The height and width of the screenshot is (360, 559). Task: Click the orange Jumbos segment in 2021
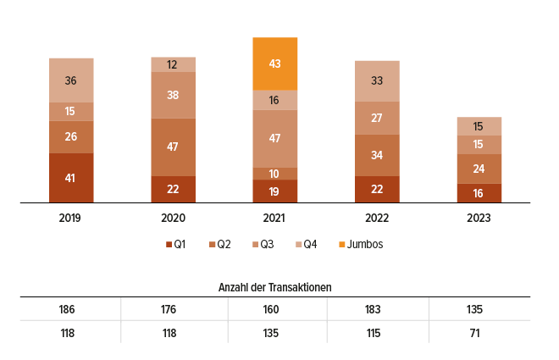coord(274,64)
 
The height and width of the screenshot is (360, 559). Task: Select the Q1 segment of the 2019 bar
coord(71,178)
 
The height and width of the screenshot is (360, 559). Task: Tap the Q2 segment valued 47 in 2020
coord(173,147)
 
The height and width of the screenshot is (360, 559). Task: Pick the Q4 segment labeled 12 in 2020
coord(173,64)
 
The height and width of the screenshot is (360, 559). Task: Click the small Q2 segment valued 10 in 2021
coord(274,174)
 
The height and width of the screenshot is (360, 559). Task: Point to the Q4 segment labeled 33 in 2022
coord(377,81)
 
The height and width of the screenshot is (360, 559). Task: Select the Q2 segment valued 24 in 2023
coord(479,169)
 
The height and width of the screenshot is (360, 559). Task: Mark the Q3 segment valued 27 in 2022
coord(377,118)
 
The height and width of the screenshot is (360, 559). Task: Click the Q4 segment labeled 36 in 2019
coord(71,80)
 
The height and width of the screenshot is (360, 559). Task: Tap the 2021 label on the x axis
coord(274,218)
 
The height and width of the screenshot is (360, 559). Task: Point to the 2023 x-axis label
coord(479,218)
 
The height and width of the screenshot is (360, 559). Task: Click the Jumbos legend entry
coord(361,245)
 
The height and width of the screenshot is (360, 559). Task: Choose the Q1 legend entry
coord(175,245)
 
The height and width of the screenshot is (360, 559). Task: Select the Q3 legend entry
coord(263,245)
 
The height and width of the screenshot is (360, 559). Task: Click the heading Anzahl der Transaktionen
coord(274,287)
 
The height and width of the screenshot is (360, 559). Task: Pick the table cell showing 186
coord(67,308)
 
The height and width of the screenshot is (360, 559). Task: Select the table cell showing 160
coord(271,308)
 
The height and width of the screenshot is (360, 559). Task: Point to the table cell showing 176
coord(169,308)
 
